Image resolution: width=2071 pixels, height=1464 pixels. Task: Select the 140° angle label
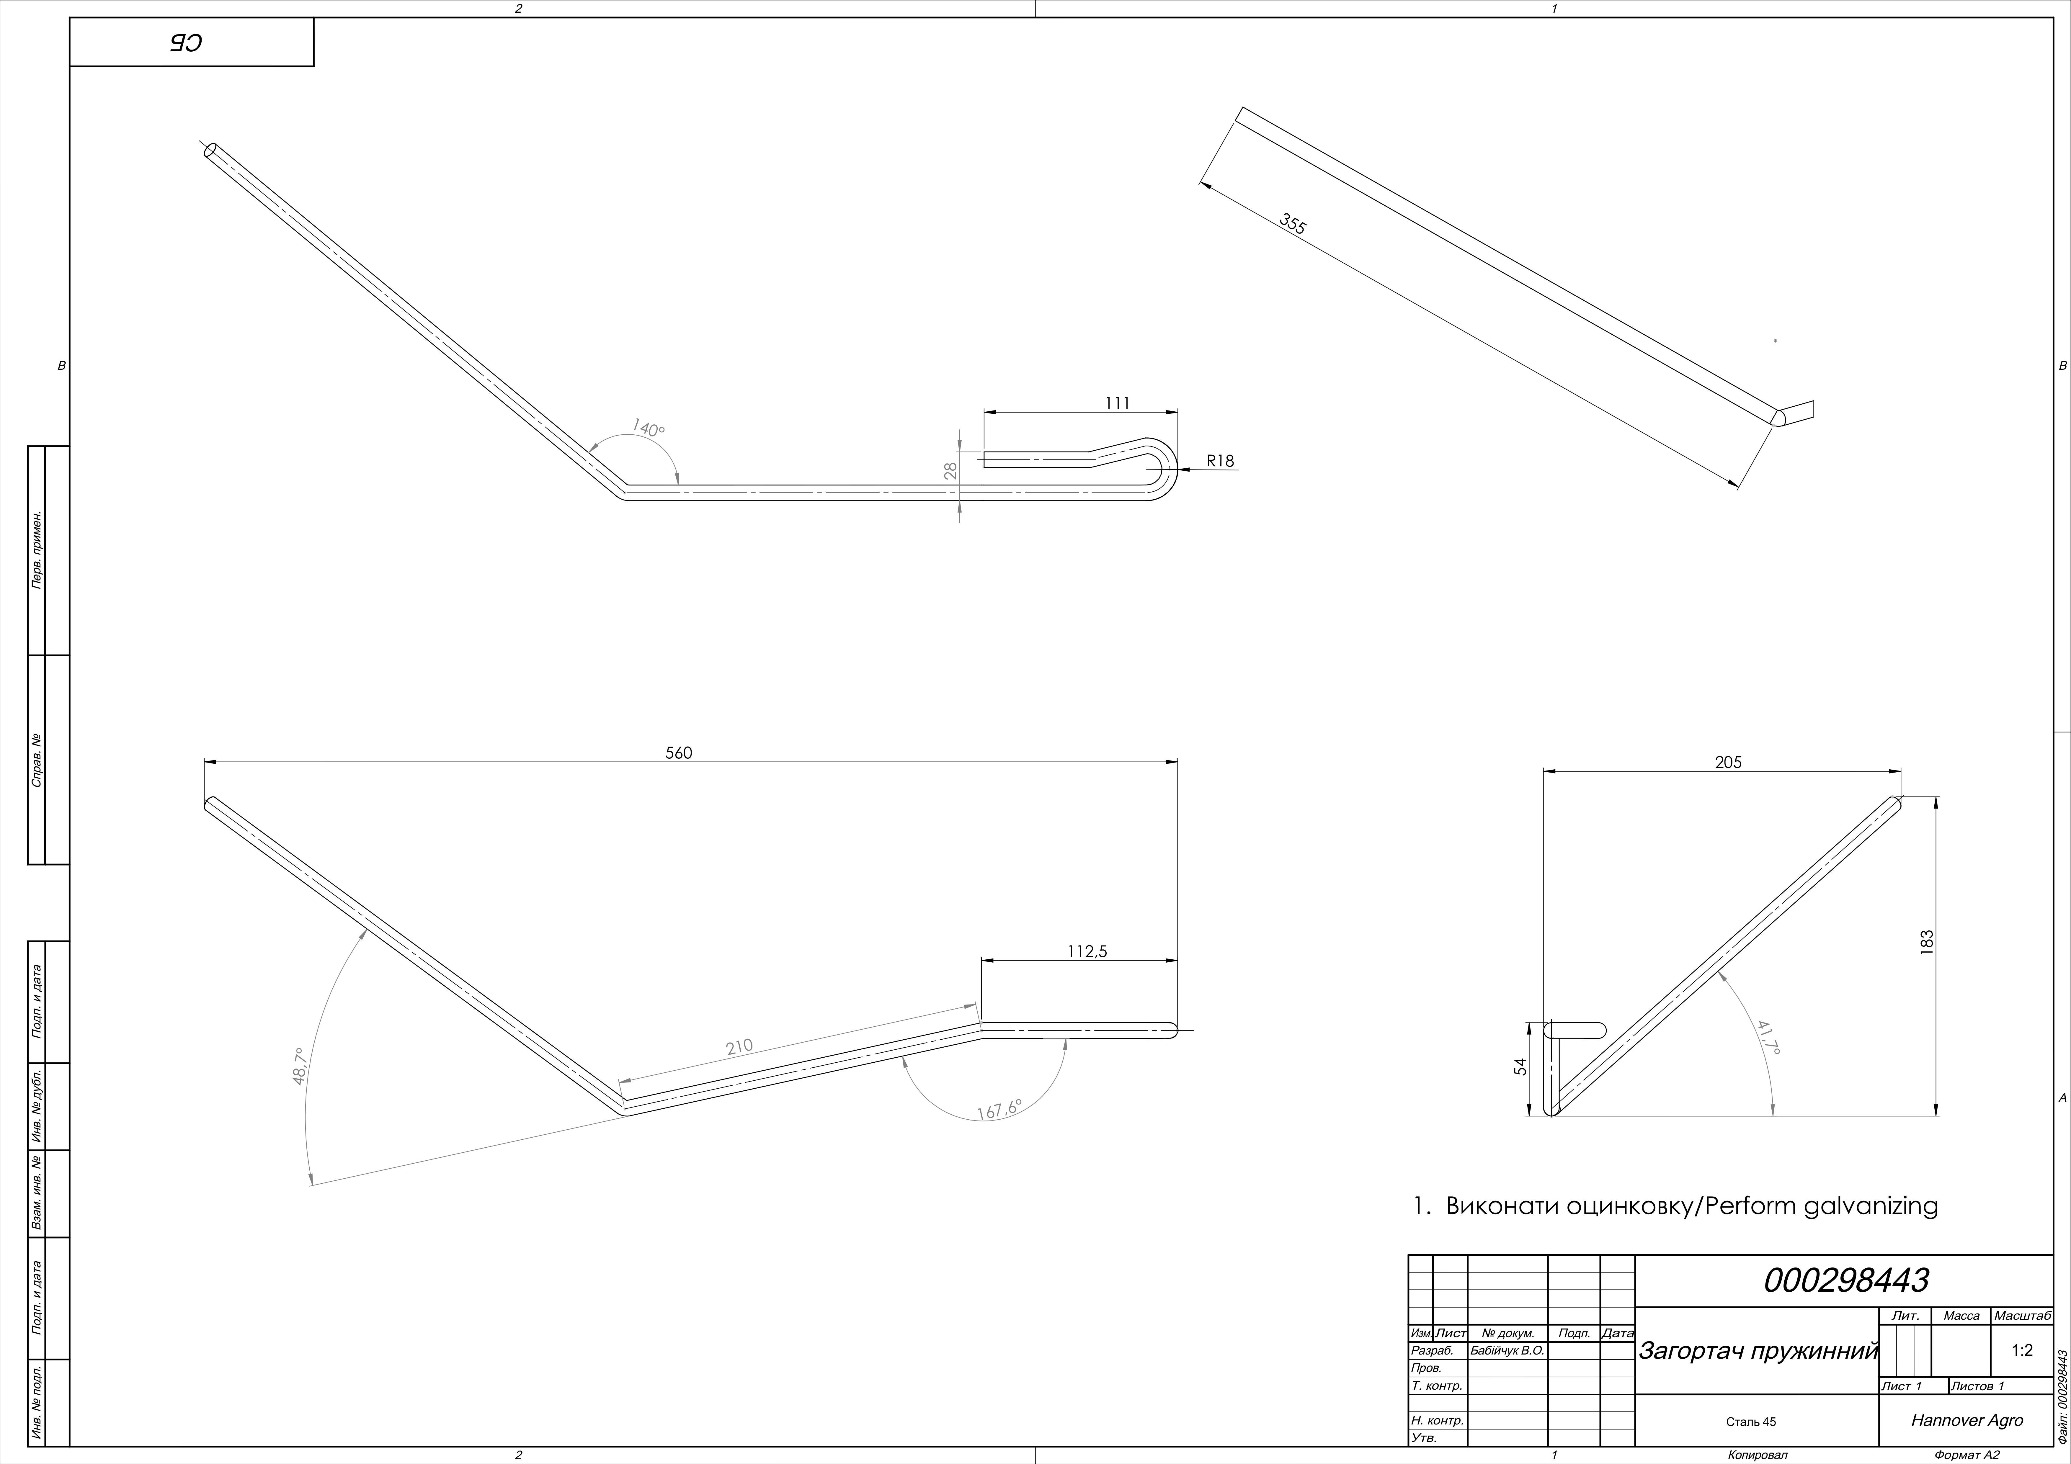point(649,428)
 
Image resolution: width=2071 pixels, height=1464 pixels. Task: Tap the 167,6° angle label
point(1000,1110)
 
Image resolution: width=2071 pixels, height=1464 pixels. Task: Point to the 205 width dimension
point(1728,762)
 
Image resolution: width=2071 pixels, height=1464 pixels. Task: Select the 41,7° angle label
point(1769,1037)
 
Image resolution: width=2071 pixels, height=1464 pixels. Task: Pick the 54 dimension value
point(1521,1066)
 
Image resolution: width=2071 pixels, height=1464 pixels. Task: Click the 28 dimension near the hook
point(950,470)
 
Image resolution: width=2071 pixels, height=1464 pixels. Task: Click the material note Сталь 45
point(1751,1422)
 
